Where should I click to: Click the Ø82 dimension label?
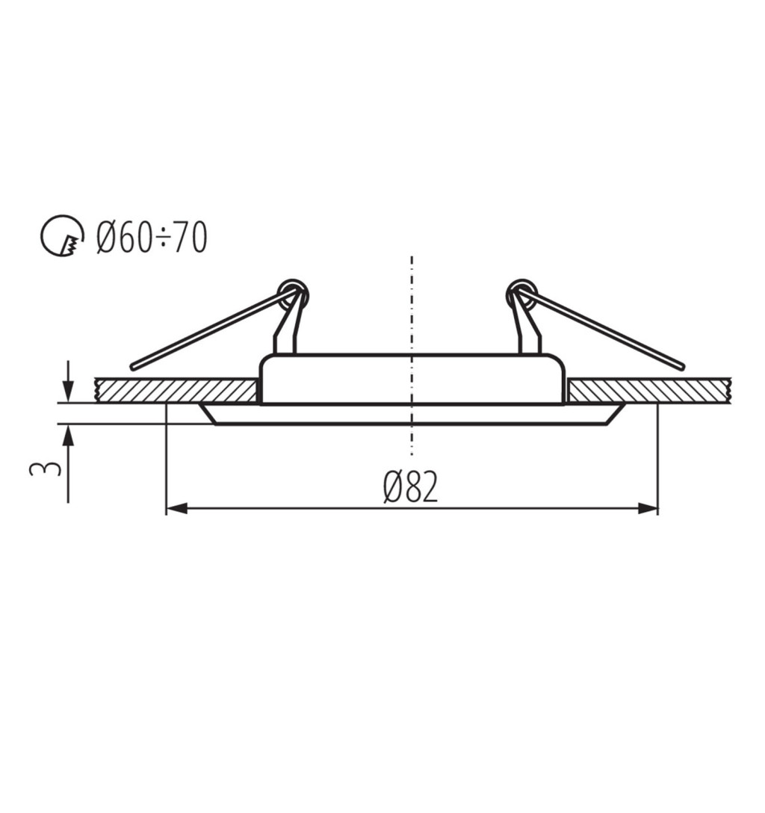click(410, 487)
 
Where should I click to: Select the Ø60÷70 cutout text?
click(152, 238)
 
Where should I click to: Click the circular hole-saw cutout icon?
click(62, 236)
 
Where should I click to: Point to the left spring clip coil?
click(293, 294)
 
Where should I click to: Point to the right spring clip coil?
click(521, 294)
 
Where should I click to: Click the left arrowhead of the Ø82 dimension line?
click(176, 508)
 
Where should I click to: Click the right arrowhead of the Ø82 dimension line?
click(648, 508)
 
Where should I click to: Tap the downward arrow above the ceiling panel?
click(68, 382)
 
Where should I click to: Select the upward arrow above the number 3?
click(68, 463)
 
